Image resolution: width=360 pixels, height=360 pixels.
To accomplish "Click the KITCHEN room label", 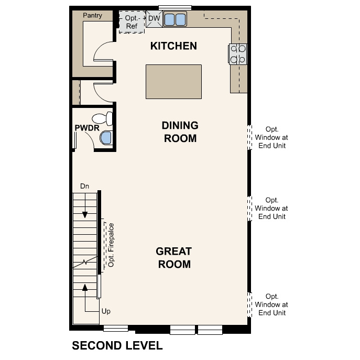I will click(173, 46).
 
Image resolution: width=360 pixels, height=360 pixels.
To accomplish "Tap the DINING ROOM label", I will click(180, 132).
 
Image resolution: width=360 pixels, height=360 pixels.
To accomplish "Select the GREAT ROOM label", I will click(173, 258).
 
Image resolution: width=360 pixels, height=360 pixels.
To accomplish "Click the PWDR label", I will click(83, 127).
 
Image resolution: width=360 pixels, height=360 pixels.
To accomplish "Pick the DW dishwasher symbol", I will click(154, 18).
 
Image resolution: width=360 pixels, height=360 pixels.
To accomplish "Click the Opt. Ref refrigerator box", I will click(131, 21).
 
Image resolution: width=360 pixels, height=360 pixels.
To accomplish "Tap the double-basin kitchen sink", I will click(176, 19).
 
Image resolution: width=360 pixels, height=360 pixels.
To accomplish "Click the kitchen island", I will click(173, 81).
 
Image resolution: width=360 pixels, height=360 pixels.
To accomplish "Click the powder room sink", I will click(106, 137).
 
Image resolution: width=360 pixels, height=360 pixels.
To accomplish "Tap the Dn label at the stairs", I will click(84, 186).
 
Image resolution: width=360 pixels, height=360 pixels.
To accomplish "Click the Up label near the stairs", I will click(106, 311).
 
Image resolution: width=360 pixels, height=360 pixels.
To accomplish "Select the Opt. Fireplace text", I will click(111, 245).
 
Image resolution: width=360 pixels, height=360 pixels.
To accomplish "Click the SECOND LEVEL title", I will click(117, 346).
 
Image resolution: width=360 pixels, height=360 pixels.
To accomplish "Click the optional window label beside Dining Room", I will click(272, 137).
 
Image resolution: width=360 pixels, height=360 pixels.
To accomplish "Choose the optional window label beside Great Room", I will click(272, 208).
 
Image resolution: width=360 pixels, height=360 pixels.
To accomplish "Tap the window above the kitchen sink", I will click(175, 7).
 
